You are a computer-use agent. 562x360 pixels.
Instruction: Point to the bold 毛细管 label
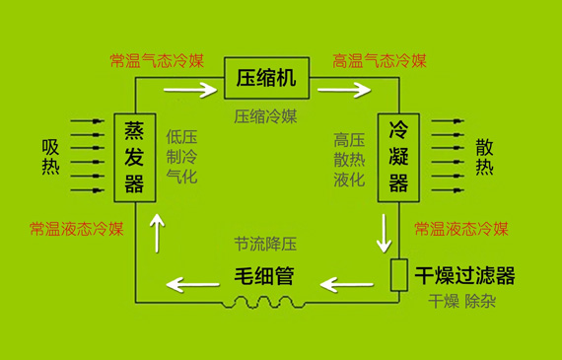pyautogui.click(x=263, y=275)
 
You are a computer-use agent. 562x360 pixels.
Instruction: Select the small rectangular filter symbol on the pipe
pyautogui.click(x=399, y=275)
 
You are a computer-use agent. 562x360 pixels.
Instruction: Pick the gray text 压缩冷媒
pyautogui.click(x=266, y=116)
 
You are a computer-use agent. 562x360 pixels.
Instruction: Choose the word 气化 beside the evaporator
pyautogui.click(x=182, y=178)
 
